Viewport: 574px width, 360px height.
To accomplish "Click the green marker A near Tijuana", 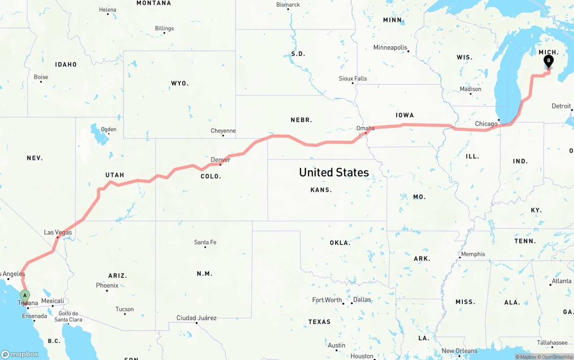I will pyautogui.click(x=25, y=296).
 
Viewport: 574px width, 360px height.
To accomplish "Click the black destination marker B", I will pyautogui.click(x=548, y=61).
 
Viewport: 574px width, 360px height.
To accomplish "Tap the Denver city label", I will pyautogui.click(x=221, y=160).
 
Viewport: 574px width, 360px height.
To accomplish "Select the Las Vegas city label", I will pyautogui.click(x=58, y=232).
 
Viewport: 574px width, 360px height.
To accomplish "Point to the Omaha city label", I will pyautogui.click(x=365, y=128).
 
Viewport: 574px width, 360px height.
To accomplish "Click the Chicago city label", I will pyautogui.click(x=486, y=124).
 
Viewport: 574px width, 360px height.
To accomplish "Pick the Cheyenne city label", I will pyautogui.click(x=223, y=131).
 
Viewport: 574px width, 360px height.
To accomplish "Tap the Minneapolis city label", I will pyautogui.click(x=390, y=48).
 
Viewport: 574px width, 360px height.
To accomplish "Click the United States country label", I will pyautogui.click(x=334, y=172).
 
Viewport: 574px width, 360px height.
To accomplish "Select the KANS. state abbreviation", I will pyautogui.click(x=321, y=190).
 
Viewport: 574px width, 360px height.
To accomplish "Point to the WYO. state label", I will pyautogui.click(x=180, y=83).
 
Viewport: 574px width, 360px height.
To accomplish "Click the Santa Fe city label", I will pyautogui.click(x=205, y=242).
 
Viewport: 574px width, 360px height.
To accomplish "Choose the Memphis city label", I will pyautogui.click(x=473, y=254).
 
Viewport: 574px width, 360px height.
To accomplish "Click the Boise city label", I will pyautogui.click(x=41, y=77).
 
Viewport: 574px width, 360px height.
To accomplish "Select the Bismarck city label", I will pyautogui.click(x=288, y=5).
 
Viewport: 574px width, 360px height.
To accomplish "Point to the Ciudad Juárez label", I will pyautogui.click(x=196, y=318).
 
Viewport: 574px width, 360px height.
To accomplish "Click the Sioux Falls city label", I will pyautogui.click(x=353, y=78).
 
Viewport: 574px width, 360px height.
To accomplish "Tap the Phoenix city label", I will pyautogui.click(x=107, y=286).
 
